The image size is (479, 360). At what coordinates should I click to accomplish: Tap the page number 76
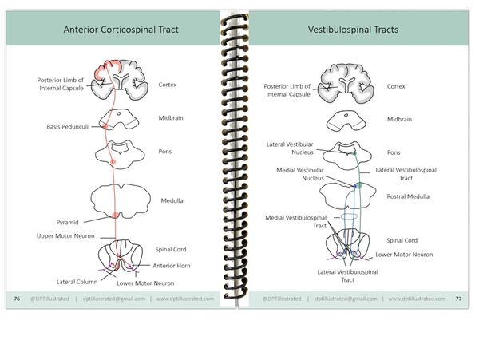[17, 299]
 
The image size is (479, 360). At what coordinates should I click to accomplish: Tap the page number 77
[458, 299]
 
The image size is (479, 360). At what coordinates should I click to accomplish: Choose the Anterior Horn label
[172, 266]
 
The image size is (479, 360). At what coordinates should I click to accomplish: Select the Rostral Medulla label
[408, 196]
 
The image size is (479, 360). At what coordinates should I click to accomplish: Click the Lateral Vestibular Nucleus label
[290, 148]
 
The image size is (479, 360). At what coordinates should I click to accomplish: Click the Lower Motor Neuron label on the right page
[404, 254]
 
